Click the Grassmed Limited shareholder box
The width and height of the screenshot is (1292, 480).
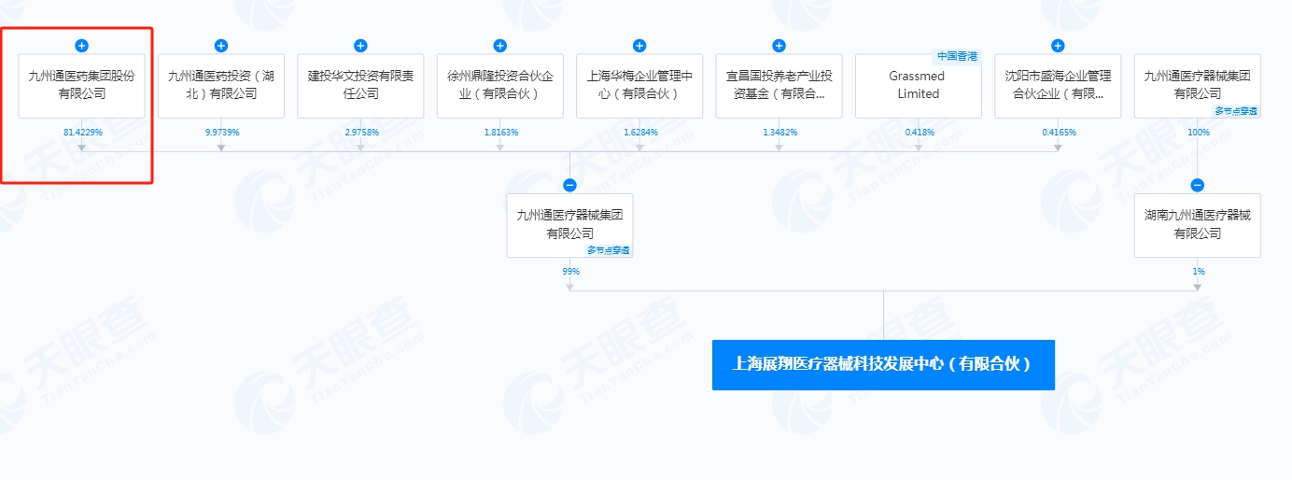point(918,85)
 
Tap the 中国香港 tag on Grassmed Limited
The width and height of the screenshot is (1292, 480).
point(957,56)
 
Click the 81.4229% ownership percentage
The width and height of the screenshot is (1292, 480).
point(82,133)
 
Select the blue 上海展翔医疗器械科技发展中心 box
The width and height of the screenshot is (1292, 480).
point(883,365)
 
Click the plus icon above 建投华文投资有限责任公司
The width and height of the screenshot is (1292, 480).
point(360,46)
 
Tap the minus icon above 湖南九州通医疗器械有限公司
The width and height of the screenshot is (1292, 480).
point(1198,185)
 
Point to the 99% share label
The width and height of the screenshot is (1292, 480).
point(570,272)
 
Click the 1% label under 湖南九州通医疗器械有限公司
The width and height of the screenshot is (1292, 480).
point(1198,272)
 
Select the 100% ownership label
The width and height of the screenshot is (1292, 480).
point(1198,133)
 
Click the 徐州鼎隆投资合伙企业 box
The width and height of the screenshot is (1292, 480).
point(499,85)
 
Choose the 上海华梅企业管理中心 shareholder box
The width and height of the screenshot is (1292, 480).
point(639,85)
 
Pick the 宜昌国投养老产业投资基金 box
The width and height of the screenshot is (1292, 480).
point(779,85)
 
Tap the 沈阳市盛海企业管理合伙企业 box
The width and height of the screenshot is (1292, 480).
point(1058,85)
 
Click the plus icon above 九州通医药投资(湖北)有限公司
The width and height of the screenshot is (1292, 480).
point(221,46)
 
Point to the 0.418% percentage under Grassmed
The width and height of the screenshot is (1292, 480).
point(919,133)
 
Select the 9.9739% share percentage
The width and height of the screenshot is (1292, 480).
point(221,133)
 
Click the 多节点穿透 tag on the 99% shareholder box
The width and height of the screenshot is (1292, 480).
point(609,250)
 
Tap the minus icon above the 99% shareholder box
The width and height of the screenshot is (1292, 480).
point(570,185)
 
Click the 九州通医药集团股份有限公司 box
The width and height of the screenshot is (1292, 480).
point(82,85)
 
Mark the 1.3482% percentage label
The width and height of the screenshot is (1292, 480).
point(779,133)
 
